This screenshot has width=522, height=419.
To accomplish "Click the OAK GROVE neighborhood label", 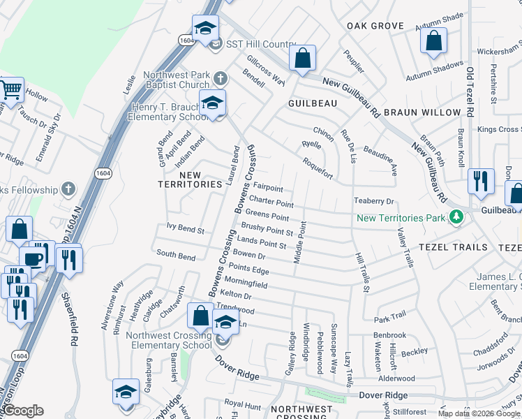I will point(375,26).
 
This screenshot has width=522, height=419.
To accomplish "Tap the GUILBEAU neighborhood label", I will point(313,103).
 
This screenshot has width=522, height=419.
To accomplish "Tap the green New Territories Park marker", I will point(456,218).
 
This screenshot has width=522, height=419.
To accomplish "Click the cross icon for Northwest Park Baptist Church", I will point(220,77).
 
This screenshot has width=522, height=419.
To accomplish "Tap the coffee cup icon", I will point(32,258).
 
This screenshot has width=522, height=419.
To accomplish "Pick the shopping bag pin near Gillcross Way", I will point(302,59).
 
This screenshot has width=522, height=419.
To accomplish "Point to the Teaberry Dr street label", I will point(374,200).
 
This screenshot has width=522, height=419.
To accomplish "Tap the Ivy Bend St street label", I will point(185,229).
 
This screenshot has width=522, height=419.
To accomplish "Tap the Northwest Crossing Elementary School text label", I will point(168,340).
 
